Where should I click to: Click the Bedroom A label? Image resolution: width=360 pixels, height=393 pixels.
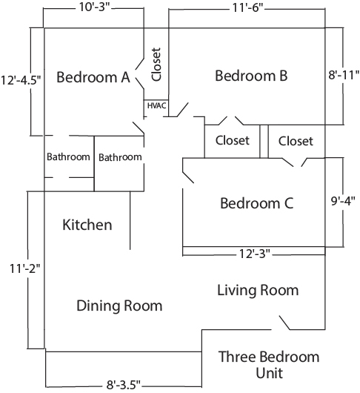click(93, 77)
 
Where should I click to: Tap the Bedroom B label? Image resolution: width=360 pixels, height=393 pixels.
click(251, 76)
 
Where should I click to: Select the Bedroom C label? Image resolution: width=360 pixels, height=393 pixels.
click(256, 203)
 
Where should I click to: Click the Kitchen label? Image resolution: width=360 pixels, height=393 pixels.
click(87, 225)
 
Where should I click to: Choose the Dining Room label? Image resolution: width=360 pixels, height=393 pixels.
click(119, 306)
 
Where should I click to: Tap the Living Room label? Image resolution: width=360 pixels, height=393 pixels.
click(258, 290)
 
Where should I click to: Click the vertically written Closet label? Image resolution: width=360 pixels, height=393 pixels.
click(156, 65)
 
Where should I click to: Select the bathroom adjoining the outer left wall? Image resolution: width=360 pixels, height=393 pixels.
click(68, 157)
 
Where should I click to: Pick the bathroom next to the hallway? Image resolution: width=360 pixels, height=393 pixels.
click(120, 157)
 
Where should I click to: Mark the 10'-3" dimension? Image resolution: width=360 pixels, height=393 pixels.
click(95, 7)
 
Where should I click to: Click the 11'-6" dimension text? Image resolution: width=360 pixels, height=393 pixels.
click(248, 8)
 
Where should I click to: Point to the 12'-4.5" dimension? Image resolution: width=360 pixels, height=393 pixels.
click(21, 81)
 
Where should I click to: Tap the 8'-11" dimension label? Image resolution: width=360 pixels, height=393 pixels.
click(344, 75)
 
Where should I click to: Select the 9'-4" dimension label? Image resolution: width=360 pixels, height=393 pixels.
click(343, 201)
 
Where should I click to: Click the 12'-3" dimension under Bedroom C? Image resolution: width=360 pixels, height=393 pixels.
click(255, 254)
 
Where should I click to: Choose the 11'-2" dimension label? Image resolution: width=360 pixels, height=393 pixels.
click(24, 268)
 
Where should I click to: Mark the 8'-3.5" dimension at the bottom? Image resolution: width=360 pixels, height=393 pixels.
click(124, 385)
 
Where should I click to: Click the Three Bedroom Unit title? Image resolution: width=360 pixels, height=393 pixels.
click(269, 365)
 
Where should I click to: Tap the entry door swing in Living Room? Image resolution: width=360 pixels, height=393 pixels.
click(284, 323)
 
